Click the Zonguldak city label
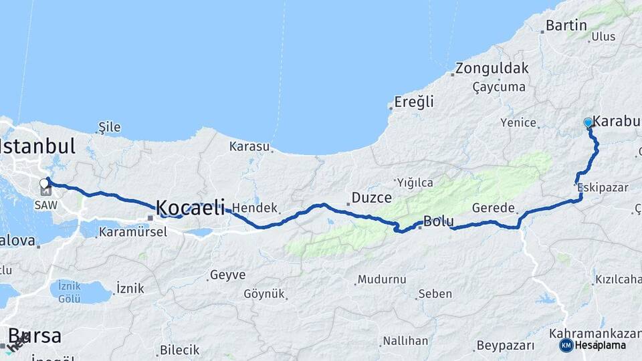click(493, 68)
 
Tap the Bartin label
click(566, 26)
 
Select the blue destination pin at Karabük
click(588, 123)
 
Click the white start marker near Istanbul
click(44, 183)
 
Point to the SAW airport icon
click(45, 193)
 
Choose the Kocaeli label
click(190, 207)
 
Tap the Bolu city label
click(439, 221)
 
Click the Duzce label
click(371, 198)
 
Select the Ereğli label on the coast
click(414, 102)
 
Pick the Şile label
click(109, 127)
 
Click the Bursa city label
click(34, 335)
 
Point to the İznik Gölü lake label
click(69, 290)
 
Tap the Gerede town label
click(493, 208)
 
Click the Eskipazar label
click(603, 188)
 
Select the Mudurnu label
click(382, 279)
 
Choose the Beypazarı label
click(505, 346)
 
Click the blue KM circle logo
click(566, 345)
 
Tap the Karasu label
click(249, 146)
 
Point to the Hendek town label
click(255, 208)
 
